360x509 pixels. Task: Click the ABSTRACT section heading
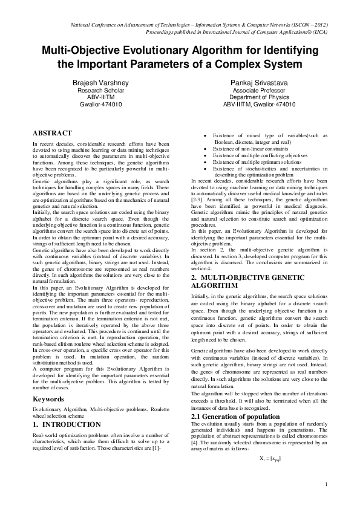coord(53,133)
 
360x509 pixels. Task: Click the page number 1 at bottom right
coord(326,484)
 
